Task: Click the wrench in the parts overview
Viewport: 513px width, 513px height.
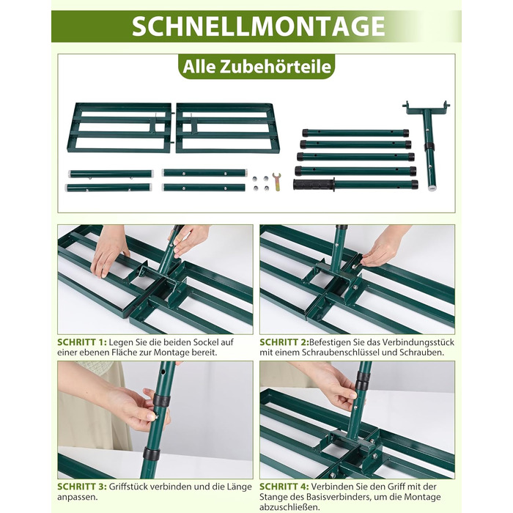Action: point(277,182)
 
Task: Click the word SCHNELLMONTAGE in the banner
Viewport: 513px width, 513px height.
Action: point(259,26)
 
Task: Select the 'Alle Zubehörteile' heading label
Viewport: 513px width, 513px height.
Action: point(256,67)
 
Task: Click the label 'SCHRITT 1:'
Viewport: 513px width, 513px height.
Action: point(82,342)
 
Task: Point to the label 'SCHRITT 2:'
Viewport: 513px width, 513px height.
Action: point(284,342)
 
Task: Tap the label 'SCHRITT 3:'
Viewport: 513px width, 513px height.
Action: point(82,487)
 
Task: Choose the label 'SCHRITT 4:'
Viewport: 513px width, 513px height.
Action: point(284,487)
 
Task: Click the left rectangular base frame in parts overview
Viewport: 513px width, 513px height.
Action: point(119,128)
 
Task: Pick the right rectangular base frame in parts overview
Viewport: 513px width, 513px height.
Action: point(228,128)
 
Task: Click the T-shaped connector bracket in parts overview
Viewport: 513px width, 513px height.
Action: point(427,144)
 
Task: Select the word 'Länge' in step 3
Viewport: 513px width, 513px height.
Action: point(239,487)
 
